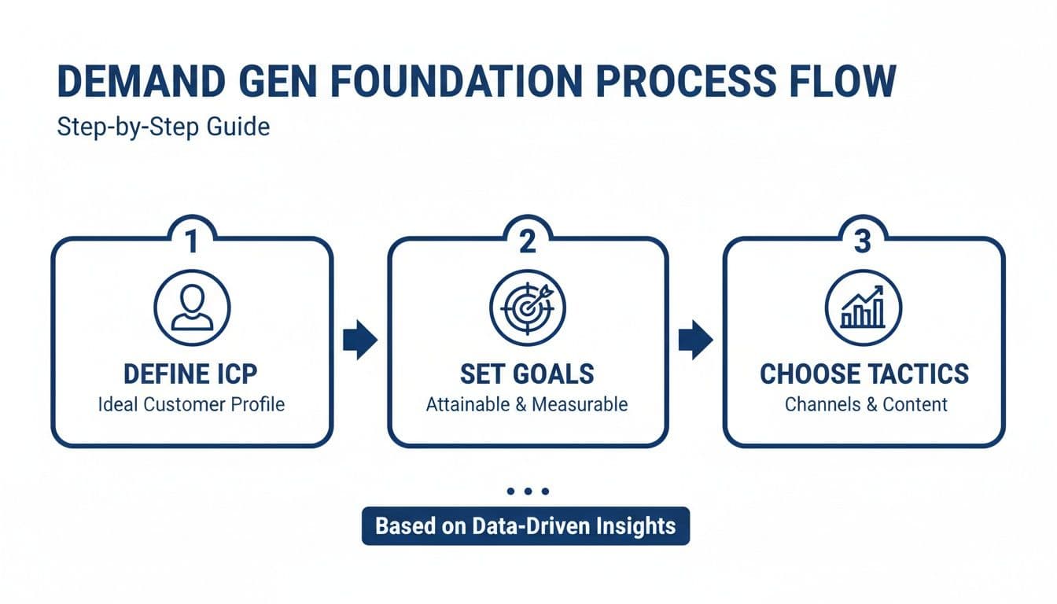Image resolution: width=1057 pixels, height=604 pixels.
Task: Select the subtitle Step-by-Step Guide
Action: [x=164, y=127]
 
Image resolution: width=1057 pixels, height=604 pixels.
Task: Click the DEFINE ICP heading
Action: [x=191, y=374]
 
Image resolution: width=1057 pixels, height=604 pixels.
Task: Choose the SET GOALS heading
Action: [x=527, y=374]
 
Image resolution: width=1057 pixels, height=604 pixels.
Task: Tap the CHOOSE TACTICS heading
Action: [x=864, y=374]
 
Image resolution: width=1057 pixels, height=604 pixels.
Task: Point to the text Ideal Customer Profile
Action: [x=191, y=405]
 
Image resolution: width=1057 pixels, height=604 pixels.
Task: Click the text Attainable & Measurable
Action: [x=527, y=405]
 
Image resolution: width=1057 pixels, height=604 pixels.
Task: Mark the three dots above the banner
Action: [x=527, y=492]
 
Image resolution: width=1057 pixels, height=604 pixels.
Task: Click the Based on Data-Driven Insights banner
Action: [x=525, y=525]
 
